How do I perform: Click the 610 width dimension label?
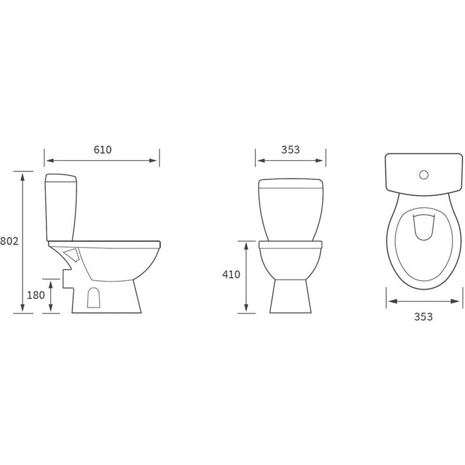(x=102, y=149)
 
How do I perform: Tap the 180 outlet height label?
(x=35, y=294)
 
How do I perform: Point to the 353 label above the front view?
(x=290, y=149)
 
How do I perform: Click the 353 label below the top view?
(x=423, y=316)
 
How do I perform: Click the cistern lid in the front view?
(x=290, y=183)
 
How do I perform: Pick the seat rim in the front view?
(x=290, y=244)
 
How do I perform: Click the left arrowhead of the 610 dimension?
(x=47, y=160)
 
